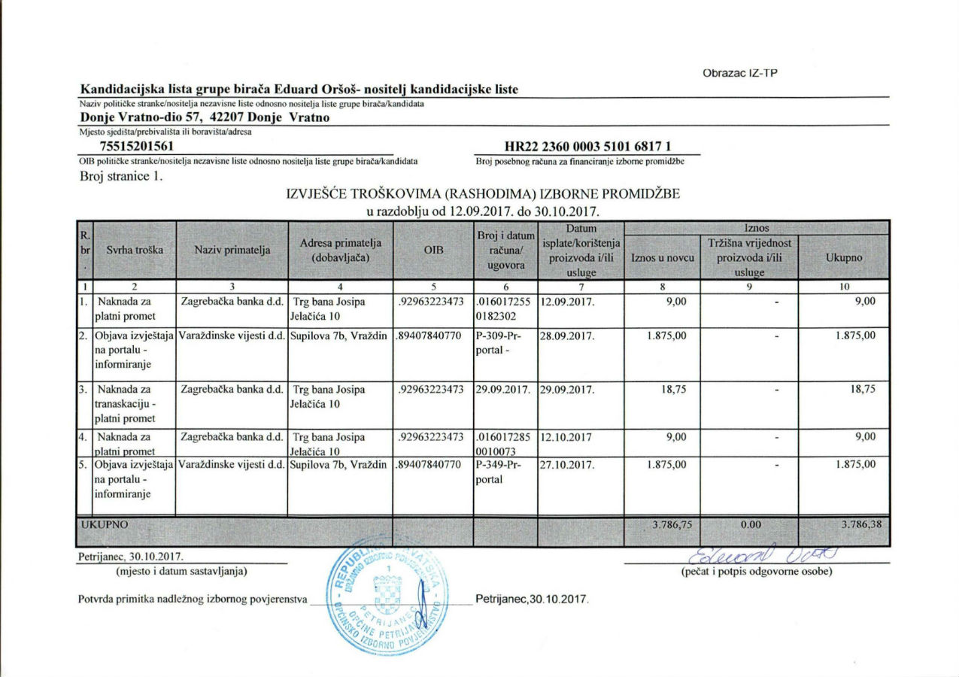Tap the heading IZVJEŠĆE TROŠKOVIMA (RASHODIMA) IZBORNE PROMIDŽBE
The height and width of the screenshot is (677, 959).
click(x=483, y=194)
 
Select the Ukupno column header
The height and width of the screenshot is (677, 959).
click(x=843, y=257)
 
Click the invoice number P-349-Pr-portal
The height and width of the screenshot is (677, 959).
click(x=498, y=472)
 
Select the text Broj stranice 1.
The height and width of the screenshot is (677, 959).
click(x=121, y=178)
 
